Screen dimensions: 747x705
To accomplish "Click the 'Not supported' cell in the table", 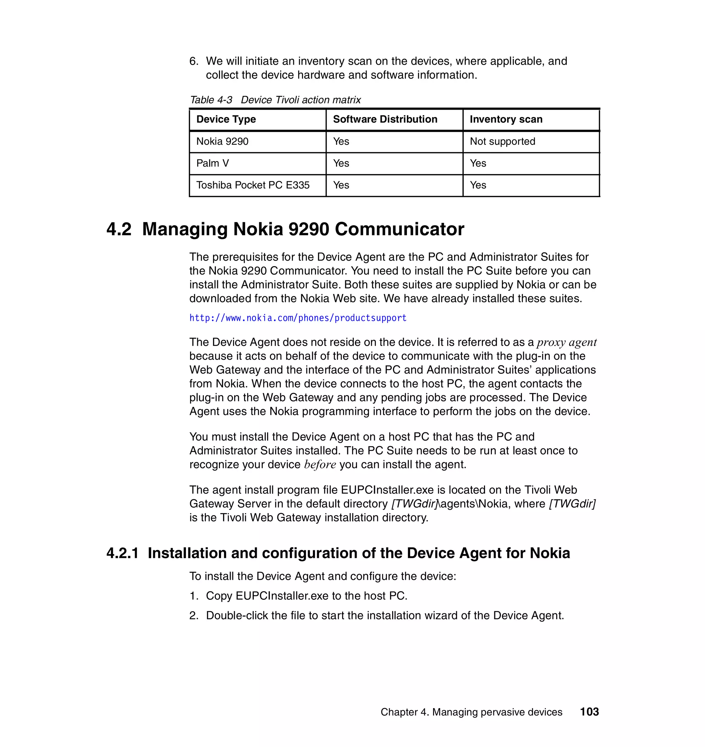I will tap(502, 141).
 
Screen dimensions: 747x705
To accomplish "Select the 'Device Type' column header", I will tap(226, 119).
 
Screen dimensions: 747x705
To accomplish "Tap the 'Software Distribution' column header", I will tap(385, 119).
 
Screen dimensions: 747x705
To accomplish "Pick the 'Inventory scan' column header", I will tap(506, 119).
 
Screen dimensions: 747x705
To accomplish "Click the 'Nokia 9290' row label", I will tap(222, 141).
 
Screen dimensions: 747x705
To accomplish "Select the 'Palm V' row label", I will tap(212, 163).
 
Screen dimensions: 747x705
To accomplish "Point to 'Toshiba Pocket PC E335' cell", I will tap(253, 185).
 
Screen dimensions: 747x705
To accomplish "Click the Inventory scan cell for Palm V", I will tap(478, 163).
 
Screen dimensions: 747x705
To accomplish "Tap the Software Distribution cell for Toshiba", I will tap(341, 185).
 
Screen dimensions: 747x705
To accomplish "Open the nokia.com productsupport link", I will tap(298, 318).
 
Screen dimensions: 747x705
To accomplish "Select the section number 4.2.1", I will tap(122, 553).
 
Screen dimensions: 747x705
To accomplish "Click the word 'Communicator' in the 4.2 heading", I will tap(399, 229).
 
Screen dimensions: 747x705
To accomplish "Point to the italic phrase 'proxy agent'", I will tap(566, 342).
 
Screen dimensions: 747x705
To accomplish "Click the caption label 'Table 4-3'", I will tap(211, 100).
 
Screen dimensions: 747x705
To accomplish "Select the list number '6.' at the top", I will tap(194, 61).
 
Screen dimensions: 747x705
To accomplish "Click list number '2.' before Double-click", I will tap(194, 616).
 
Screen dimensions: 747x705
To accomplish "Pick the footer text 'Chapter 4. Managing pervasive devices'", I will tap(471, 712).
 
